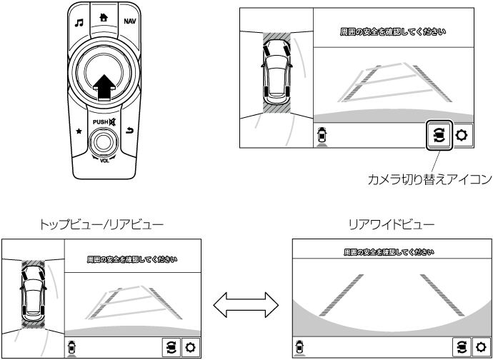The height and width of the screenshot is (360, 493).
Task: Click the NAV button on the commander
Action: (x=129, y=21)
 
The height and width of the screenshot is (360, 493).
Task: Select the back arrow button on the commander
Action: (x=129, y=131)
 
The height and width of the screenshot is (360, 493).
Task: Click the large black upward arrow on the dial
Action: (x=104, y=85)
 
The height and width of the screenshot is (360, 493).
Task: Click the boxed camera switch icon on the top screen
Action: (x=437, y=134)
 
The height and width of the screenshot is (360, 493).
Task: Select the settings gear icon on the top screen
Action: (x=463, y=135)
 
